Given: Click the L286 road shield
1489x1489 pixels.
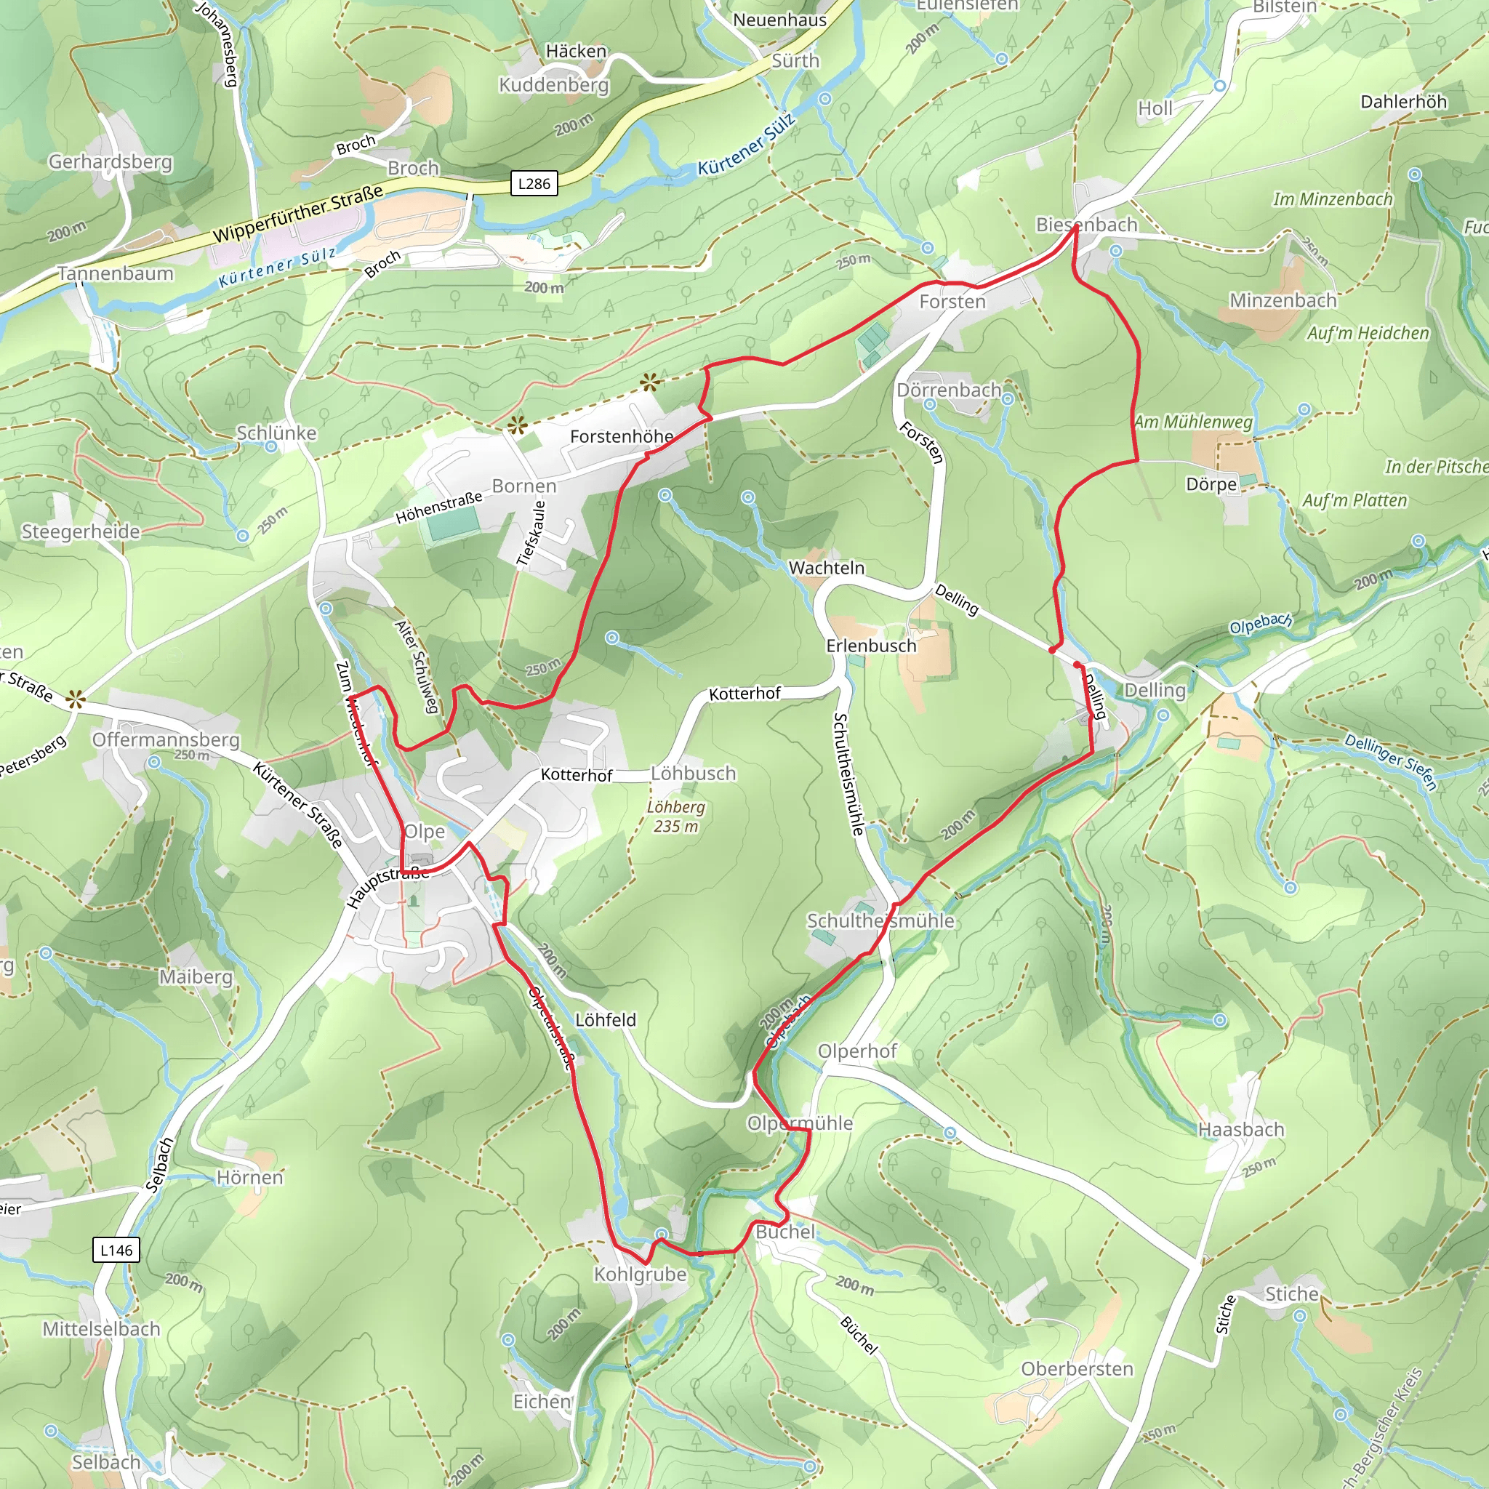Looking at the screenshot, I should [x=534, y=183].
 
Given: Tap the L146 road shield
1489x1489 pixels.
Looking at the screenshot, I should [x=116, y=1250].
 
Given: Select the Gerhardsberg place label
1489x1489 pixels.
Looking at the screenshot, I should [x=111, y=162].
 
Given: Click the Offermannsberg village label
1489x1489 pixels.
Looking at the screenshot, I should [x=166, y=740].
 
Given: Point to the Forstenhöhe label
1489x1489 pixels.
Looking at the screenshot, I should [x=621, y=437].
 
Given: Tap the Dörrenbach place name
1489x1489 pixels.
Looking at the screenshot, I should [x=949, y=390].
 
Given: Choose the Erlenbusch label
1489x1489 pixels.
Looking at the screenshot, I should [x=871, y=646].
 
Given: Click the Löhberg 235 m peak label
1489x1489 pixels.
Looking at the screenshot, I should [x=676, y=817].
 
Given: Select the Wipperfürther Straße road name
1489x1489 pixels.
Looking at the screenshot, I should [x=297, y=214].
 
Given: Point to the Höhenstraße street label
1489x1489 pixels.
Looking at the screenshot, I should [x=438, y=508].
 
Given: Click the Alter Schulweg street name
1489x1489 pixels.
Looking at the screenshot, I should [x=417, y=666].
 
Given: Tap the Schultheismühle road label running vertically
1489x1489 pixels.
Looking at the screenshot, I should [x=848, y=774].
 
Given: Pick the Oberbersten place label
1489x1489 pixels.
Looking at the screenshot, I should [x=1077, y=1369].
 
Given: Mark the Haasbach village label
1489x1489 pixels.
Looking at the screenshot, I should [x=1241, y=1130].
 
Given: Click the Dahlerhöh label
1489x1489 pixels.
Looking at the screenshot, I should [x=1403, y=102].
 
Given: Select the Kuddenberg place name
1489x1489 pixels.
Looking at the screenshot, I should [x=553, y=85].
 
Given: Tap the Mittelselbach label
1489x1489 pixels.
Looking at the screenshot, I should [x=101, y=1329].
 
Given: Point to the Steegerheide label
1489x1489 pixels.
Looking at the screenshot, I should [x=81, y=531].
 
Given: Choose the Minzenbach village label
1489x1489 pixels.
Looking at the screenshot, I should [x=1283, y=300].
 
